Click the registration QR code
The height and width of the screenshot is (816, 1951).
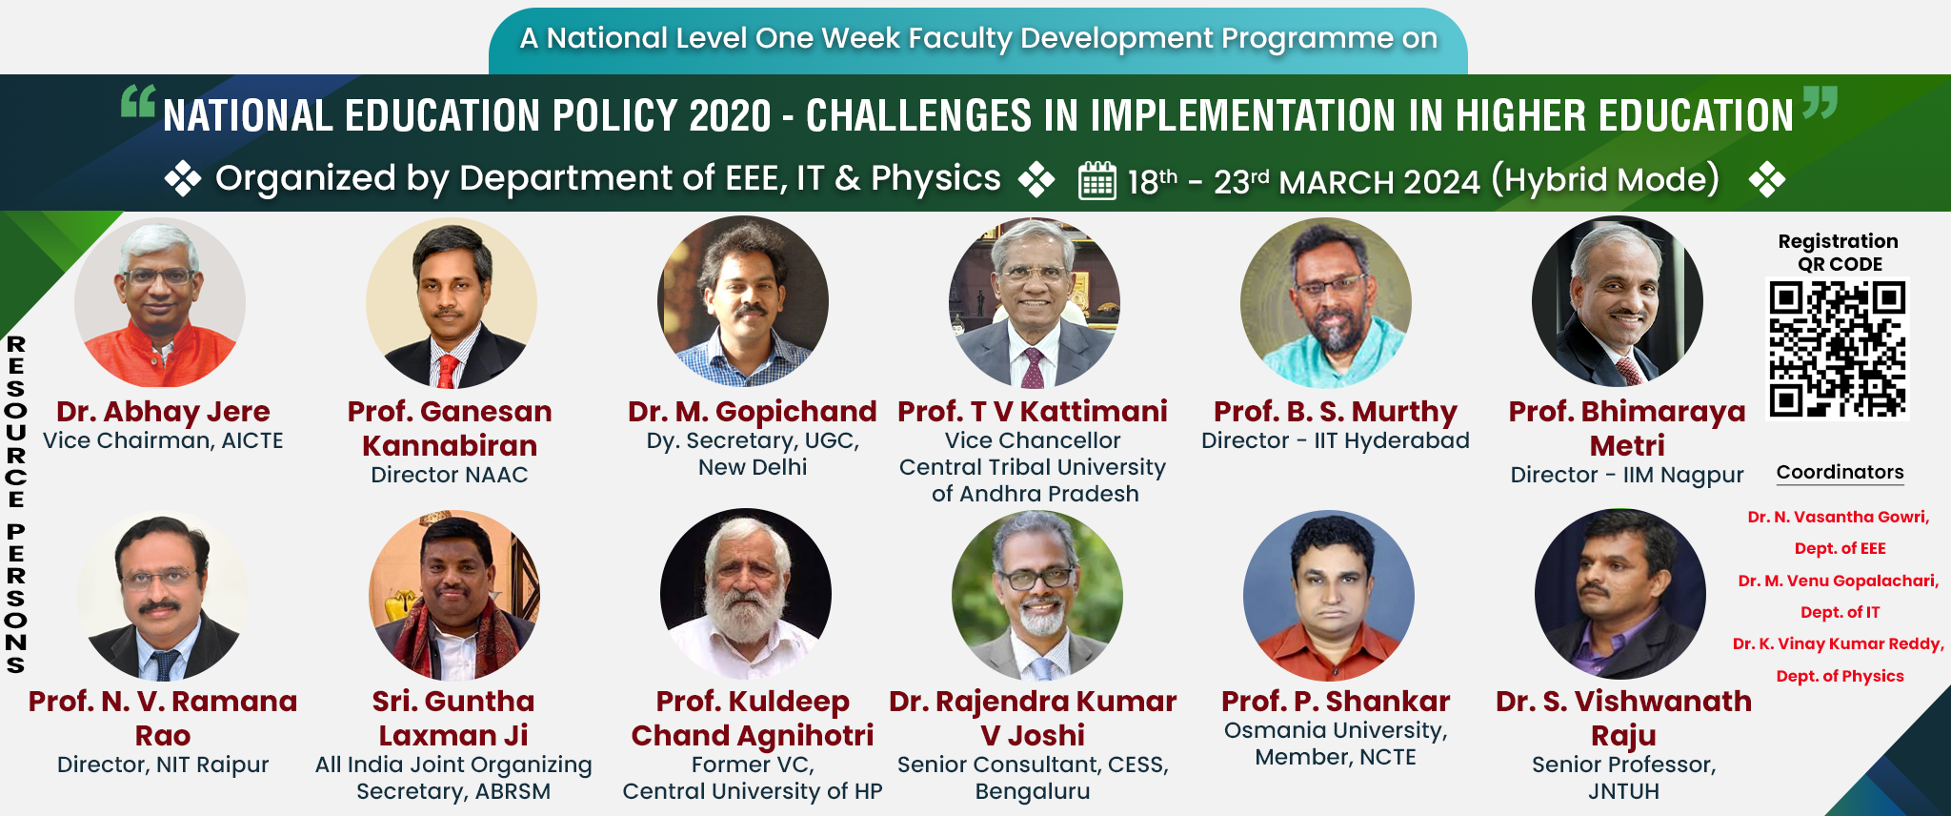[x=1838, y=348]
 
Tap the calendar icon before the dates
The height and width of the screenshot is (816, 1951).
[x=1096, y=180]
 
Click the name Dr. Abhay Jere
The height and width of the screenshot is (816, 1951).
[x=163, y=411]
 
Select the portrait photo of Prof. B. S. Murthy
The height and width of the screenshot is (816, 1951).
[x=1326, y=302]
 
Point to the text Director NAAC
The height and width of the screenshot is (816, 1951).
[x=450, y=475]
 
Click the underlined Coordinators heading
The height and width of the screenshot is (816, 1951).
[x=1840, y=473]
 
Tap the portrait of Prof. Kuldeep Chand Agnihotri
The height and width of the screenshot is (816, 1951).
[x=746, y=594]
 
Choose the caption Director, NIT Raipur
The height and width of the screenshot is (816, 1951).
[x=163, y=765]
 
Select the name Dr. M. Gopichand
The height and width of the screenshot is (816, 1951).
[x=752, y=411]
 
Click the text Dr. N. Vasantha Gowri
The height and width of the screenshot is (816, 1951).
[x=1839, y=517]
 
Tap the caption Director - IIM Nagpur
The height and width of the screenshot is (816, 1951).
[x=1627, y=475]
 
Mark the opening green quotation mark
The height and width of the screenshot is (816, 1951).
[x=138, y=101]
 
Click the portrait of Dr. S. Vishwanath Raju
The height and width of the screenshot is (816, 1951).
[x=1620, y=594]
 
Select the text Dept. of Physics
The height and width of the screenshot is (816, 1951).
[x=1840, y=676]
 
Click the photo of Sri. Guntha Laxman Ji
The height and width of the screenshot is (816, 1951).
[x=454, y=594]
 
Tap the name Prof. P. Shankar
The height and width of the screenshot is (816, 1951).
[x=1336, y=701]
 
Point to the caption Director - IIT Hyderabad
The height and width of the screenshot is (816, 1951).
[x=1336, y=440]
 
